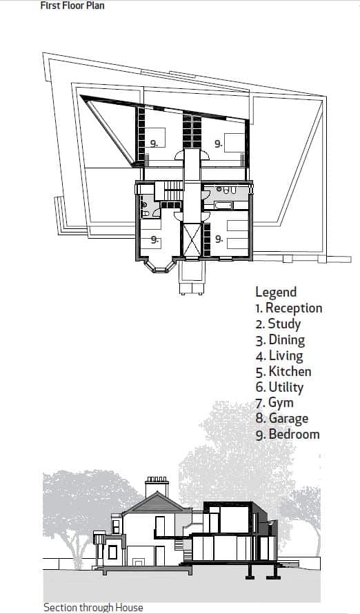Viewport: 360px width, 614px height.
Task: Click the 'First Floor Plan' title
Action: [72, 6]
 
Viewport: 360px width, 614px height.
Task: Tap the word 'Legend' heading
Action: [276, 292]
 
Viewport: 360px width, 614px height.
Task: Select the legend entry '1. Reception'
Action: [289, 308]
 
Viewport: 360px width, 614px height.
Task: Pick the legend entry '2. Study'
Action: [278, 324]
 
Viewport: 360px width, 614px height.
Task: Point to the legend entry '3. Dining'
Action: [280, 340]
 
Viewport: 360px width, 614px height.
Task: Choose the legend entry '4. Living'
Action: [279, 356]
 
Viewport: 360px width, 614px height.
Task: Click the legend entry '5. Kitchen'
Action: [283, 372]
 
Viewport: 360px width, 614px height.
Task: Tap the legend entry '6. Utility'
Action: [279, 387]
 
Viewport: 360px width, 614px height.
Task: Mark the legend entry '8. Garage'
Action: [282, 419]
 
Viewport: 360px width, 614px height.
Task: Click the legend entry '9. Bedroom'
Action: [288, 434]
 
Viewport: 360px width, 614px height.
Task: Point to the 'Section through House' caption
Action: [93, 607]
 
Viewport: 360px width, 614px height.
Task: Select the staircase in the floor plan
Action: [173, 190]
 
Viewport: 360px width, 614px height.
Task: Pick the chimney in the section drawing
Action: [157, 487]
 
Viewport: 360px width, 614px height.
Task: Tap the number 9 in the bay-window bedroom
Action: [154, 239]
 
